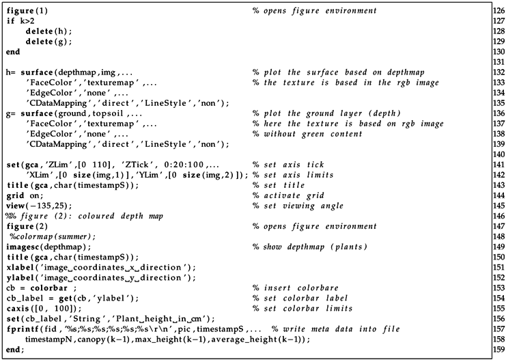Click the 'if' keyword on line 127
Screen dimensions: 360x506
coord(10,21)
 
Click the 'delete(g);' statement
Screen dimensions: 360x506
coord(48,42)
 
